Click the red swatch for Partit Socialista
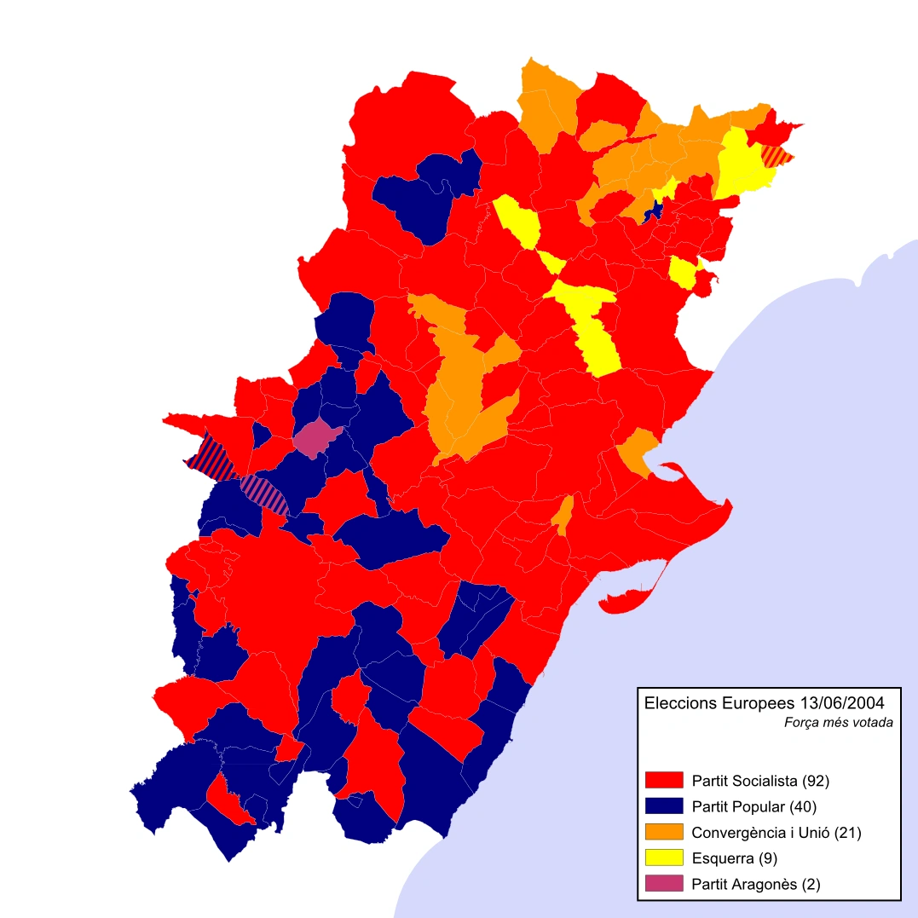coord(665,780)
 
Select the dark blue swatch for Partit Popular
coord(665,805)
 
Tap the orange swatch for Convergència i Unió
coord(665,832)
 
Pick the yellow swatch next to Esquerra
coord(665,857)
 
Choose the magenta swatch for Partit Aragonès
coord(665,884)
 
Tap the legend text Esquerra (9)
coord(735,858)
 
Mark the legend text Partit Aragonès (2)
coord(756,885)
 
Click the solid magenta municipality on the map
coord(315,437)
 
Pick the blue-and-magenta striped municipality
coord(264,493)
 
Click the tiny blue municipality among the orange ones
coord(653,208)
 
